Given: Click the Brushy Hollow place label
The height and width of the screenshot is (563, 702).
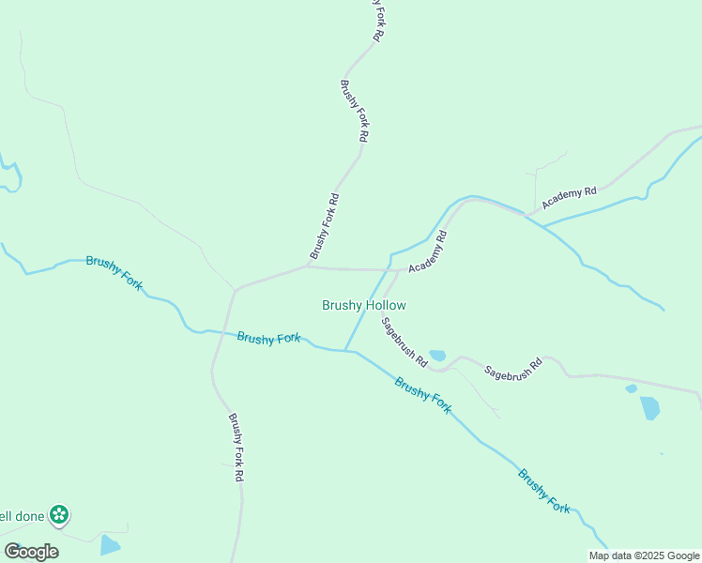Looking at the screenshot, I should [363, 305].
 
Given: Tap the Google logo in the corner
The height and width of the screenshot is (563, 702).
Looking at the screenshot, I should [31, 551].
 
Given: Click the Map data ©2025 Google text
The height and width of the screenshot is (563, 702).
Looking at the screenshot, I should [645, 555].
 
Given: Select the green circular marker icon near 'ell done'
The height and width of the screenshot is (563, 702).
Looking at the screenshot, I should [59, 514].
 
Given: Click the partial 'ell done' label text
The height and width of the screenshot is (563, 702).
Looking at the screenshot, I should [19, 515].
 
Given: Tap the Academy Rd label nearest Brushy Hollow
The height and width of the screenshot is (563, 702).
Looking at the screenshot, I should [427, 252].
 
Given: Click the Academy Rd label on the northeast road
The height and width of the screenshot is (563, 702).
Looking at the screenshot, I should [569, 197].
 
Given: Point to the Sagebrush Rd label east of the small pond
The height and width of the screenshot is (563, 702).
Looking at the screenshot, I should [513, 368].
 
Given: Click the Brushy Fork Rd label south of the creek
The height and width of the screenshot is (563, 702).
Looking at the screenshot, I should [237, 448].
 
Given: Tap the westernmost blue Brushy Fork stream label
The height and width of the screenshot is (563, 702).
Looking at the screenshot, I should [114, 273].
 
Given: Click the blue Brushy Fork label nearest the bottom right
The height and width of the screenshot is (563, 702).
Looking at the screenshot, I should [544, 490].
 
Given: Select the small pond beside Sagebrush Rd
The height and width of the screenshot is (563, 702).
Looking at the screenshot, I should [437, 357].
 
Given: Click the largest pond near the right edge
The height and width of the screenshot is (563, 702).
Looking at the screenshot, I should [649, 408].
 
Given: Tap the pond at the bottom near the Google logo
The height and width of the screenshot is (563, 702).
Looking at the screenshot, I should [110, 544].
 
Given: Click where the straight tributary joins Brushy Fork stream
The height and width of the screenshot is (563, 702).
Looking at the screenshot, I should [345, 351].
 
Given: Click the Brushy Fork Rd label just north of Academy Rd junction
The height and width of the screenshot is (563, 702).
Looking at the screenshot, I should [324, 226].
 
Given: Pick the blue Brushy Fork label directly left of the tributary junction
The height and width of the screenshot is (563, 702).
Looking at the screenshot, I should [268, 338].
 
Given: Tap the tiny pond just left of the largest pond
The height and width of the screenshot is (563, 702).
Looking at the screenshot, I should [631, 388].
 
